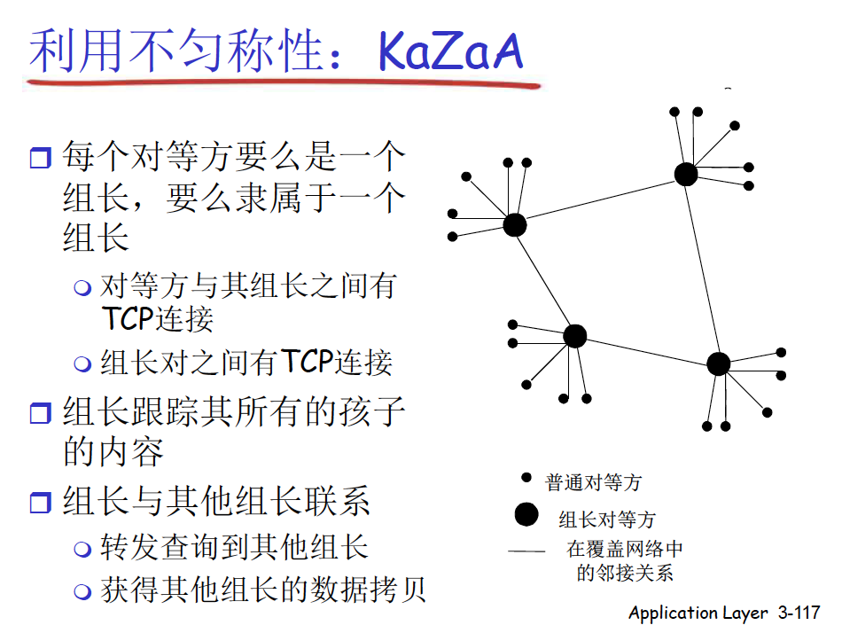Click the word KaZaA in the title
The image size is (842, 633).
450,51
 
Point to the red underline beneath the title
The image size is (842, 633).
283,84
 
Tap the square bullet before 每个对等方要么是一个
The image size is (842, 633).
40,158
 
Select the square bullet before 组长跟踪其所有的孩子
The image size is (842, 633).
40,413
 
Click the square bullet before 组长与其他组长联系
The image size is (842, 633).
40,503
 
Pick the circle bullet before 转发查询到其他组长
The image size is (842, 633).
82,549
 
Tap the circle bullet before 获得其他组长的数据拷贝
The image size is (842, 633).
82,591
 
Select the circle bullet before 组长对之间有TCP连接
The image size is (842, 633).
82,363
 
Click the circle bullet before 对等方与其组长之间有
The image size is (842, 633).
82,287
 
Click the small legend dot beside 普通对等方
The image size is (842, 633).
526,477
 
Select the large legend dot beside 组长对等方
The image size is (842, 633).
526,514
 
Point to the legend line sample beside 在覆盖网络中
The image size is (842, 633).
526,551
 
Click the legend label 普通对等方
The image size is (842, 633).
593,482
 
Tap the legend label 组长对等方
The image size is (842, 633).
607,520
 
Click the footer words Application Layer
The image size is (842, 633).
698,613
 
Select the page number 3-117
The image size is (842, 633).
799,612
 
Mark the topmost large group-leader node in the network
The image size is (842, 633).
686,174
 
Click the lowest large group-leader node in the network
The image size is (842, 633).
719,363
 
